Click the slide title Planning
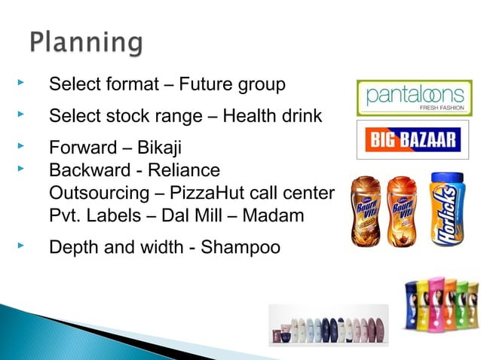tap(85, 42)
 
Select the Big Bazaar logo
tap(412, 139)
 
